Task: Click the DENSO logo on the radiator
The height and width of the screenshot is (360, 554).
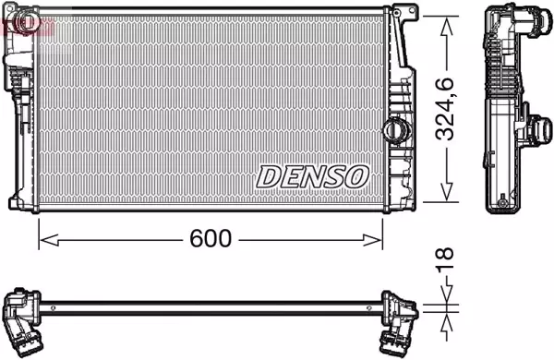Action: pyautogui.click(x=312, y=174)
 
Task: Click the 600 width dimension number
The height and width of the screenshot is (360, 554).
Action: pyautogui.click(x=211, y=238)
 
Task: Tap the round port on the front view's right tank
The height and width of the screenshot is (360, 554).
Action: pyautogui.click(x=397, y=129)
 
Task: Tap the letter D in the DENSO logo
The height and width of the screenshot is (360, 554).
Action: pyautogui.click(x=268, y=174)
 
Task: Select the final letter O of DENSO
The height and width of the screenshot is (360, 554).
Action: pyautogui.click(x=356, y=174)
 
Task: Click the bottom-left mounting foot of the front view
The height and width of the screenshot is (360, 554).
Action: pyautogui.click(x=17, y=202)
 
